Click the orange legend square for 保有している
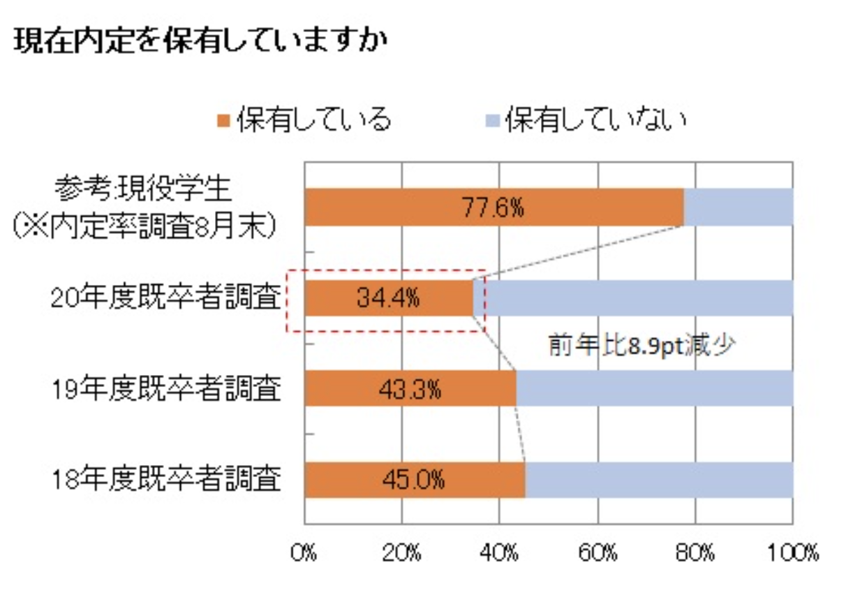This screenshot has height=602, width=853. click(x=223, y=121)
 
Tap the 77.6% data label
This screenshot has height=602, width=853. click(x=493, y=208)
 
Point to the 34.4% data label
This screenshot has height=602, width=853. click(x=388, y=299)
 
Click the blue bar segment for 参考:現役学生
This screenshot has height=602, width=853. click(x=739, y=207)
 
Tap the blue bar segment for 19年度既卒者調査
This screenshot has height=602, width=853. click(x=655, y=388)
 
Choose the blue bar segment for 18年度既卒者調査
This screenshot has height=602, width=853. click(x=659, y=480)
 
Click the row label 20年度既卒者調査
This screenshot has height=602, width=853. click(x=166, y=298)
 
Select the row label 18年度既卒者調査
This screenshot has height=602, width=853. click(x=166, y=480)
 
